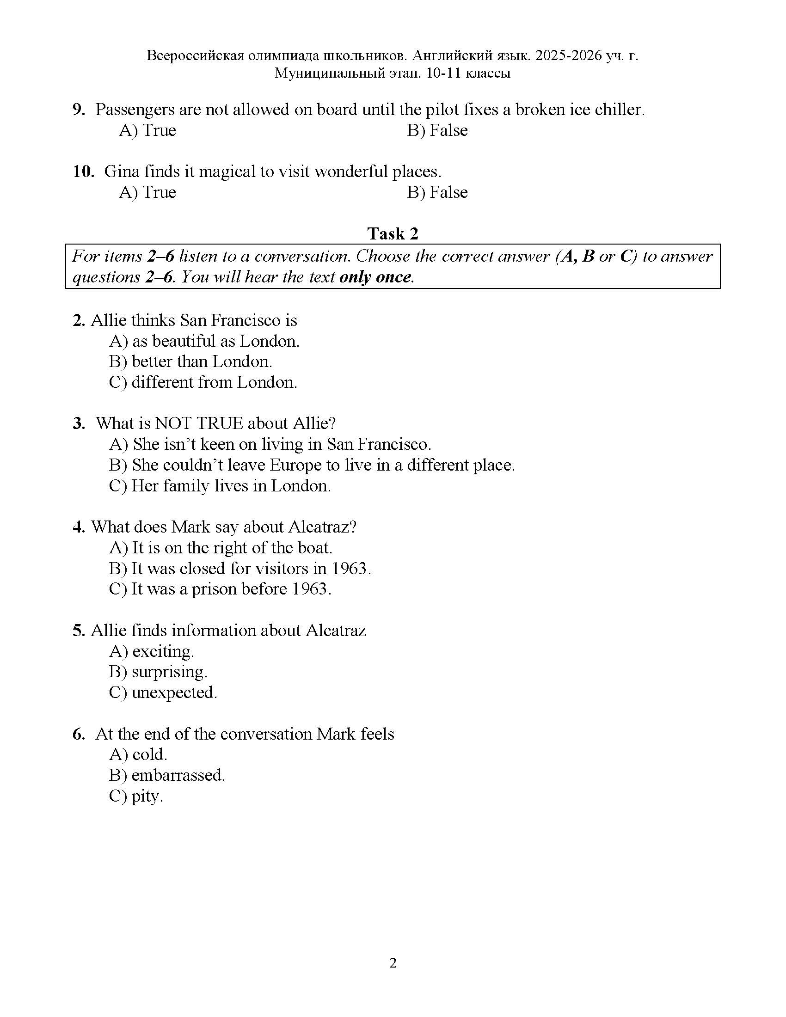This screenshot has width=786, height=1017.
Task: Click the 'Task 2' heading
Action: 393,233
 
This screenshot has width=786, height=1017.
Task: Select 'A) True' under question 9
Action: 147,130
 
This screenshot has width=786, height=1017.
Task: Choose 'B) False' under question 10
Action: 437,192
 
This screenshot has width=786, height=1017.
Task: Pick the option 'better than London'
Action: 191,362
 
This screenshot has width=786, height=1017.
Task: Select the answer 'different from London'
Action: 203,382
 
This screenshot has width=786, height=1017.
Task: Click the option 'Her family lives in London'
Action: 220,486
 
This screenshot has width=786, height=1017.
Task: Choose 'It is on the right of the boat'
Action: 221,548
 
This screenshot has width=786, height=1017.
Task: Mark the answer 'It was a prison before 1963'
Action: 220,589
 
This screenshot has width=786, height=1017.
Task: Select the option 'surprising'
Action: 158,672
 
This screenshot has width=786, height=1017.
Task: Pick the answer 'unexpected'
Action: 163,692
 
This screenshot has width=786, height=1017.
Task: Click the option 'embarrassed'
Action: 167,775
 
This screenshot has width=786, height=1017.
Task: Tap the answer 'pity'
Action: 136,796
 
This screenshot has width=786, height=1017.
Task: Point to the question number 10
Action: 83,172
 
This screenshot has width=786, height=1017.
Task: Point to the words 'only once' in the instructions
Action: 376,277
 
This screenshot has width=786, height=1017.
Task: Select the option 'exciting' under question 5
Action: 152,651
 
